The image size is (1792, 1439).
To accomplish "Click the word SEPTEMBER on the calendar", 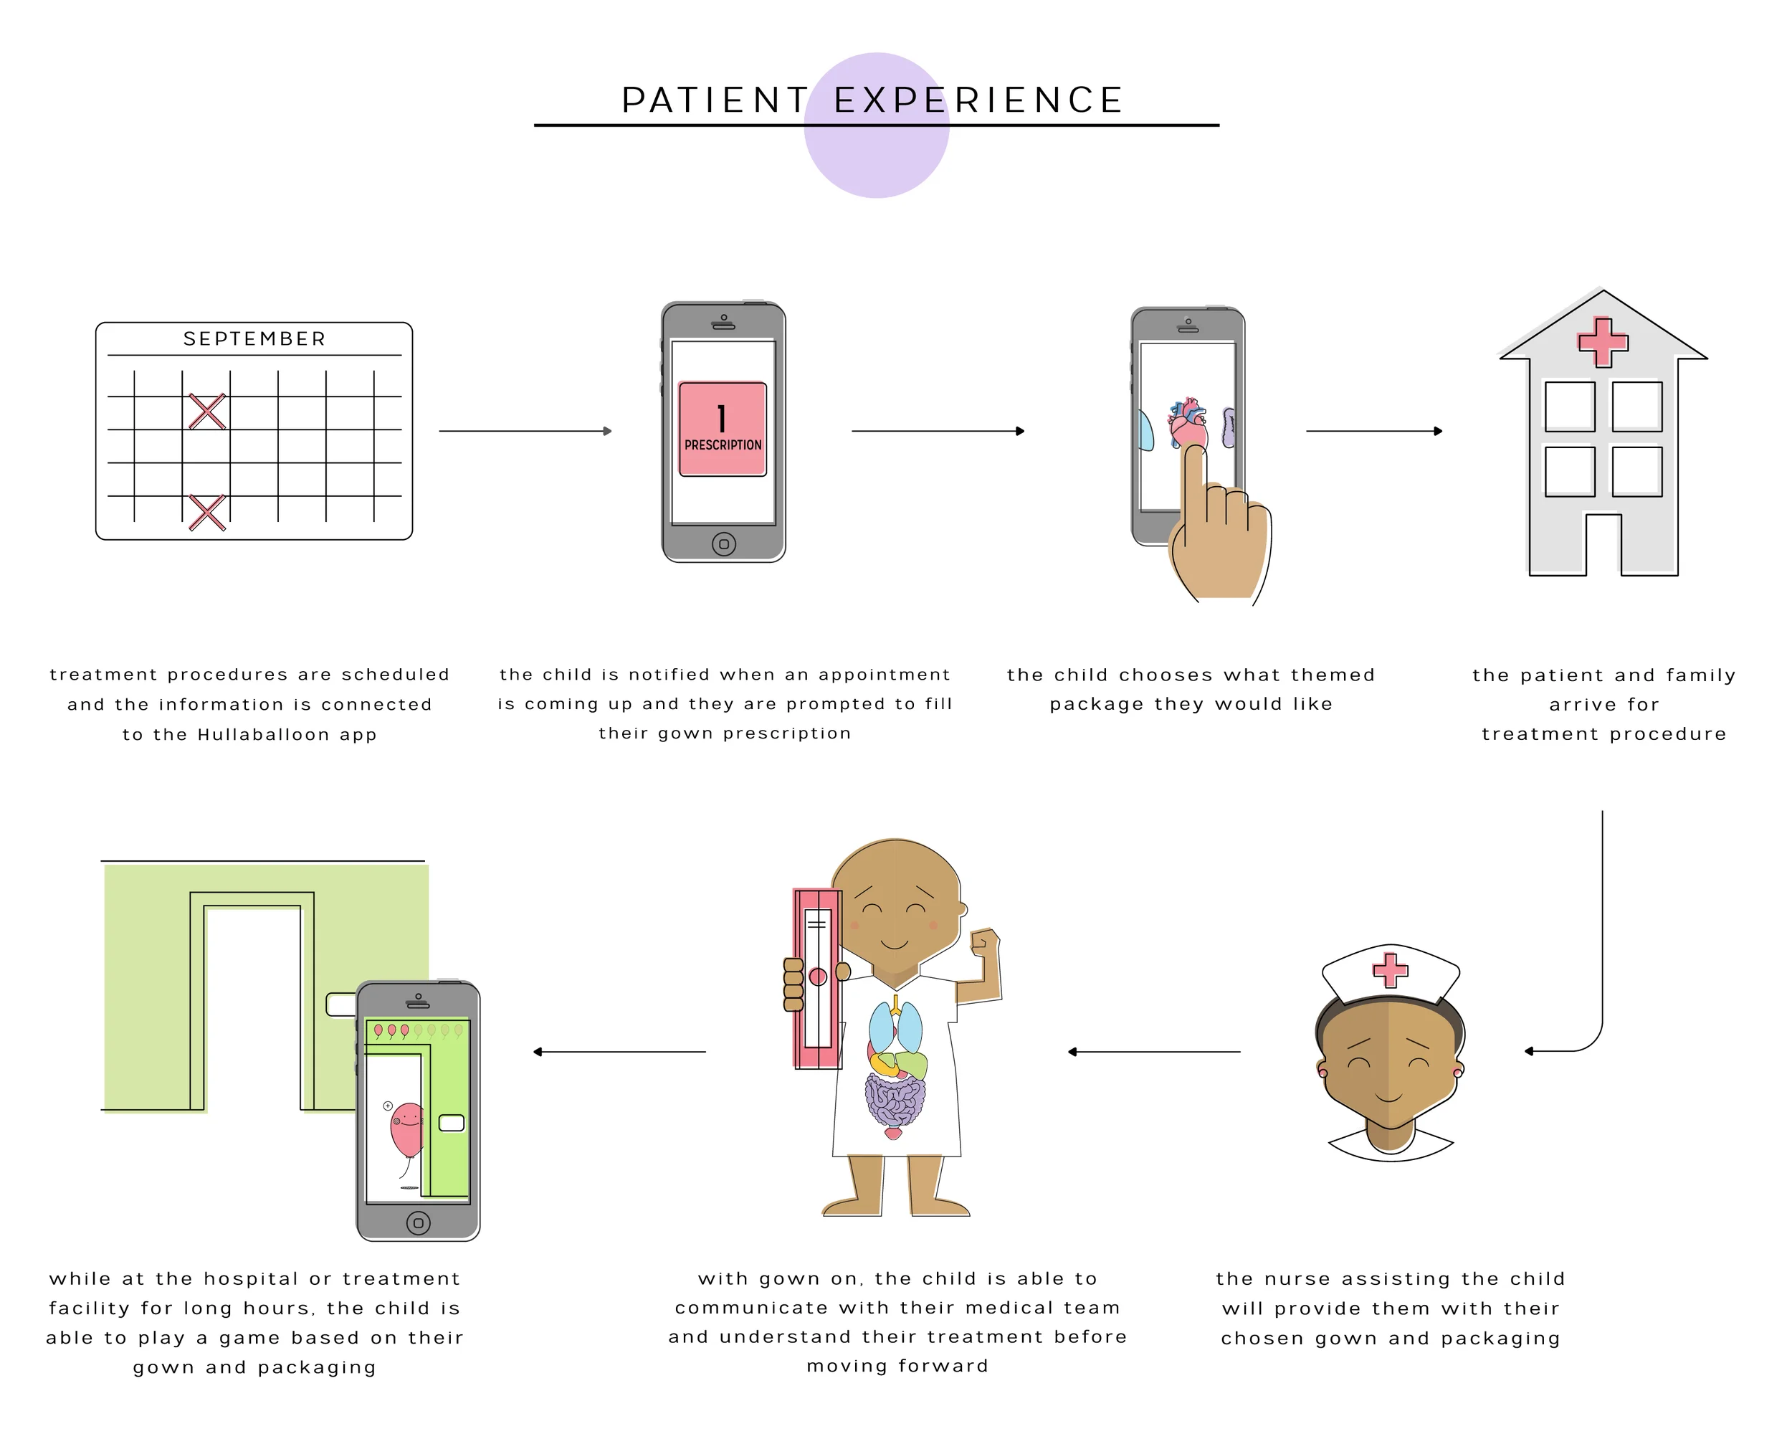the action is coord(254,339).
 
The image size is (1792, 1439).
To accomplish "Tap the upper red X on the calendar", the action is coord(207,412).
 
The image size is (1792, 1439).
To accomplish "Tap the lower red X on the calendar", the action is coord(207,512).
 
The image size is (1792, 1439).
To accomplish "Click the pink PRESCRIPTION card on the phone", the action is coord(723,429).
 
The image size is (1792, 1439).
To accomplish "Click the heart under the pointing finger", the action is coord(1186,423).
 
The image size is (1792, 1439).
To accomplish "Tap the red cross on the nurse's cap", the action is coord(1390,969).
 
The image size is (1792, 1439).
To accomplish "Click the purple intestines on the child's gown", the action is coord(895,1100).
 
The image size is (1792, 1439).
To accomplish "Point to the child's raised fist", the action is coord(985,943).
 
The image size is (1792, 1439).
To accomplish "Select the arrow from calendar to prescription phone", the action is coord(525,432).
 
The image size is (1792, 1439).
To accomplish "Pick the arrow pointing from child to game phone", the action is coord(619,1052).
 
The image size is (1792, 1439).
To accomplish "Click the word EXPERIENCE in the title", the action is coord(978,100).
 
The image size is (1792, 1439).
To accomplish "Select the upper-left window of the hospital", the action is coord(1569,406).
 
